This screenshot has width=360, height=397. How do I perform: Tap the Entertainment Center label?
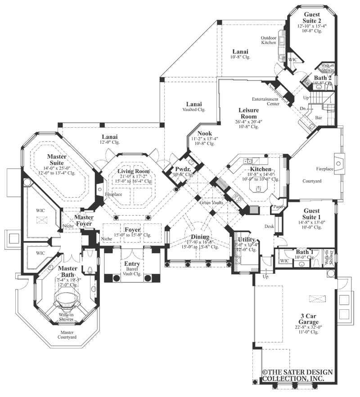(265, 101)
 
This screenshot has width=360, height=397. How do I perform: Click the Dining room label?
(199, 237)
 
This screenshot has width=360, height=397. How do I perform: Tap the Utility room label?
(247, 240)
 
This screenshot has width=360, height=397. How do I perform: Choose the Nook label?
(204, 134)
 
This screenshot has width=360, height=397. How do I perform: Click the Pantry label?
(276, 206)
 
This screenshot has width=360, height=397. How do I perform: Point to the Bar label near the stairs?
(319, 117)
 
